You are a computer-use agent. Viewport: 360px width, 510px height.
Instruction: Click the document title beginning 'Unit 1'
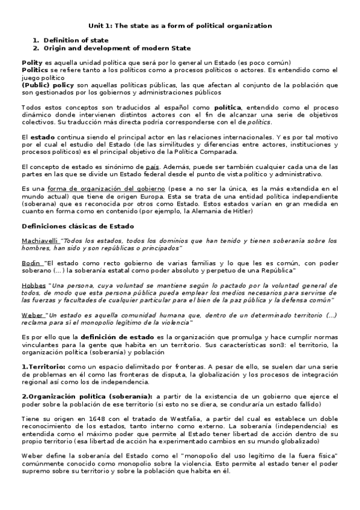click(180, 26)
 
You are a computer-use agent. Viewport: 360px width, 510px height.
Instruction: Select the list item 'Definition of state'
click(76, 40)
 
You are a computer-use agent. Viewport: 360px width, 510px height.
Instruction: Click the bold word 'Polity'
click(32, 63)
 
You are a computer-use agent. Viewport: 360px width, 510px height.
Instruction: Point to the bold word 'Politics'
click(35, 70)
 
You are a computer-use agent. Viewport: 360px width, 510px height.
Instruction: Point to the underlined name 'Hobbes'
click(33, 286)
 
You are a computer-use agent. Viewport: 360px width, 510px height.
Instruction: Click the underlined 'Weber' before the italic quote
click(32, 315)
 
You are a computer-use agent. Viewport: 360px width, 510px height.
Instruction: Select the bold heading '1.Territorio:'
click(44, 366)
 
